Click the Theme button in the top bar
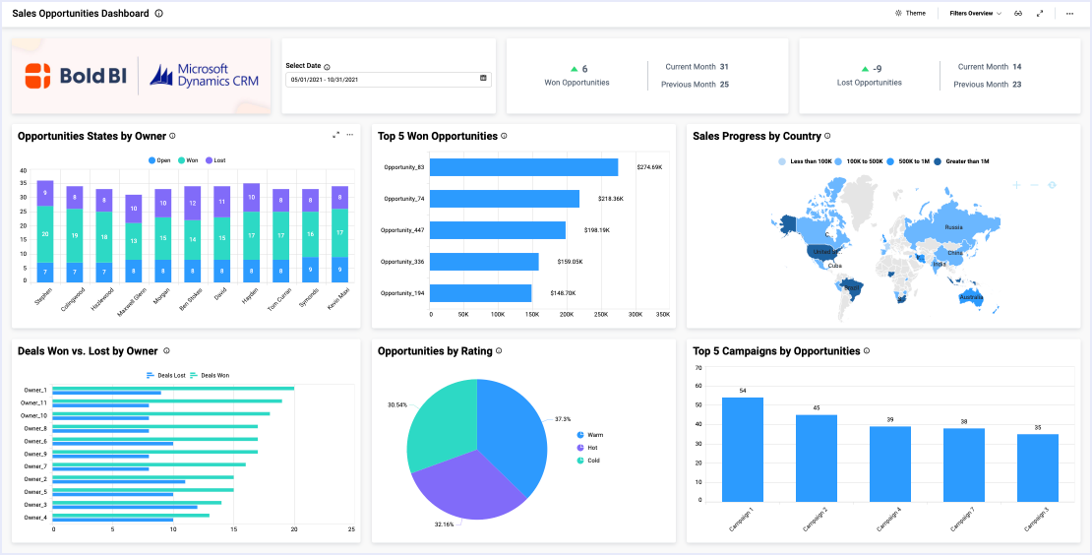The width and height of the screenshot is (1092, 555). pos(910,14)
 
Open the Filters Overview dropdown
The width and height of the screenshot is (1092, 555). pos(975,14)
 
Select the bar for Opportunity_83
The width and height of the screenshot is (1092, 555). pos(524,167)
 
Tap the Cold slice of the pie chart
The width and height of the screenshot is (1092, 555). pos(443,413)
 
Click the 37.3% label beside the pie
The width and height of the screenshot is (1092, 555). pos(563,418)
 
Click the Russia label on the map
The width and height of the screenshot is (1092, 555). pos(953,227)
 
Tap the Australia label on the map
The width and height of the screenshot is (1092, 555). pos(971,297)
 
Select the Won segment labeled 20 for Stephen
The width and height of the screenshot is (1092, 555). pos(45,234)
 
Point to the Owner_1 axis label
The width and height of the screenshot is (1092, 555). pos(34,391)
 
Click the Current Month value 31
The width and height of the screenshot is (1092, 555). pos(724,67)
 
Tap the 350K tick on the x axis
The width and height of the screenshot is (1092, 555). pos(662,315)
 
